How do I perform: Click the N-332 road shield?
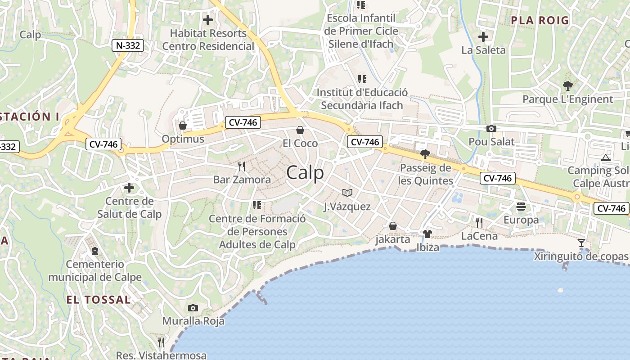[128, 45]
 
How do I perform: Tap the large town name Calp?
[305, 173]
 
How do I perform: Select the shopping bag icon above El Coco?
[300, 130]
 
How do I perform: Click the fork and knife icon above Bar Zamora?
[242, 166]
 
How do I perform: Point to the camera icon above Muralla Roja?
[193, 308]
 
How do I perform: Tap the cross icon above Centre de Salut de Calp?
[129, 188]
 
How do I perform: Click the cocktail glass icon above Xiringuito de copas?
[581, 243]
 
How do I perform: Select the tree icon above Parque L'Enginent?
[568, 85]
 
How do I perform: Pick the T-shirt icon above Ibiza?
[427, 234]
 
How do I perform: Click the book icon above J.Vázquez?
[347, 193]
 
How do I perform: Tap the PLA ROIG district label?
[540, 20]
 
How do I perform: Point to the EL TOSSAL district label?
[99, 300]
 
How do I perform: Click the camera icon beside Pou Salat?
[491, 129]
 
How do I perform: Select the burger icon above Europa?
[521, 207]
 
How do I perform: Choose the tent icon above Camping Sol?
[605, 157]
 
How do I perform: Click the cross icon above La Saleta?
[484, 37]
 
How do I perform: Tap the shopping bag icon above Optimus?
[183, 125]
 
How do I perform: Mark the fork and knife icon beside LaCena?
[479, 222]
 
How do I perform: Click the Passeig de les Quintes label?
[425, 175]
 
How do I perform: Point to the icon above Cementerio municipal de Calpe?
[95, 251]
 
